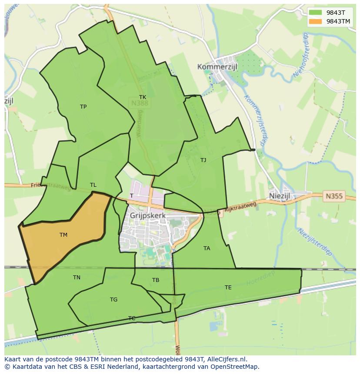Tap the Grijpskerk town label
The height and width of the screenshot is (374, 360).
148,215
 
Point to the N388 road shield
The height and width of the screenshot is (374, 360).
139,103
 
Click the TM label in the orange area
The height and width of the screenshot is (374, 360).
63,235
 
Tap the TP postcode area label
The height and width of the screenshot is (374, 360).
83,107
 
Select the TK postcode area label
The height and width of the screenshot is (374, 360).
143,97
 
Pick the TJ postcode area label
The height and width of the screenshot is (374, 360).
203,160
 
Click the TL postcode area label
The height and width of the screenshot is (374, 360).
93,185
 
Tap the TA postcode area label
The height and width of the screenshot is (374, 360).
207,248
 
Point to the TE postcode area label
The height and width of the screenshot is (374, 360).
228,288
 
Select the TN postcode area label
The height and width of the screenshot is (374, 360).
77,278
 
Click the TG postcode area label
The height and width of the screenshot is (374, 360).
113,300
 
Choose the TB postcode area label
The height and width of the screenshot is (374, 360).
156,280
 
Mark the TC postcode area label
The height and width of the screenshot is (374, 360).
132,318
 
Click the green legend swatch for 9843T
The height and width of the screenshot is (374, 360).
315,13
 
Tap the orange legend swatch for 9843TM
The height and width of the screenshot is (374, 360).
315,21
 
